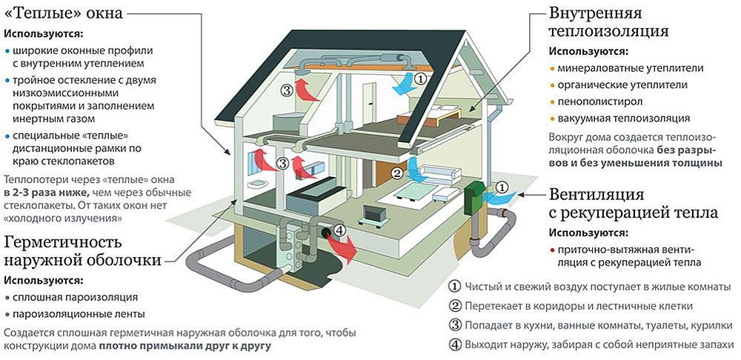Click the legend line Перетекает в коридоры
[x=578, y=306]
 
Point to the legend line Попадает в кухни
[x=588, y=325]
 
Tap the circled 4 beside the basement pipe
[x=339, y=231]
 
